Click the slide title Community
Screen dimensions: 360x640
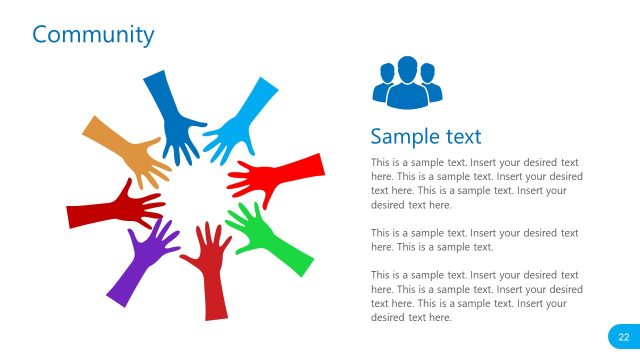click(93, 35)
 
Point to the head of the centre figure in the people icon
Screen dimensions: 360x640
click(407, 66)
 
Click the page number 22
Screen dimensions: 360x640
click(623, 337)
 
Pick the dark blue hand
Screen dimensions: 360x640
click(172, 115)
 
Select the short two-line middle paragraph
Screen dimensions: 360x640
click(474, 239)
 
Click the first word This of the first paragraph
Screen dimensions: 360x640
click(380, 162)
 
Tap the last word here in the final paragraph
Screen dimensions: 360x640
click(439, 317)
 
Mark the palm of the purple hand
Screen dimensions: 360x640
click(156, 244)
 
